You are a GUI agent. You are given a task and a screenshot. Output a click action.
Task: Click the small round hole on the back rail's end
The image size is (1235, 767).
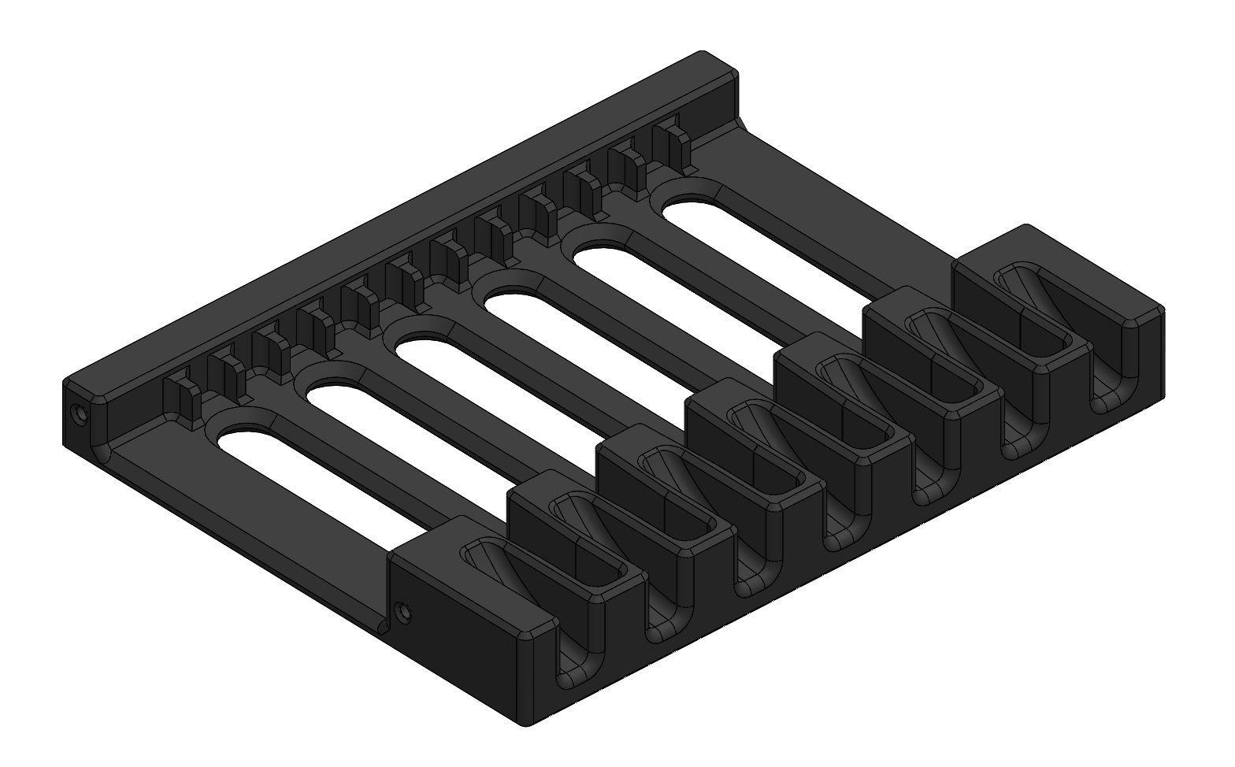pyautogui.click(x=78, y=413)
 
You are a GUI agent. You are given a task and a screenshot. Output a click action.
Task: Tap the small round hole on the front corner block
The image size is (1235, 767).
pyautogui.click(x=403, y=610)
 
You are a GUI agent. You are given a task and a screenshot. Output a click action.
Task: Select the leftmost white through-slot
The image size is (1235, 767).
pyautogui.click(x=315, y=480)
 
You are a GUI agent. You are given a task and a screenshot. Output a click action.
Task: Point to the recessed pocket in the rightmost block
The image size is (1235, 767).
pyautogui.click(x=1032, y=315)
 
